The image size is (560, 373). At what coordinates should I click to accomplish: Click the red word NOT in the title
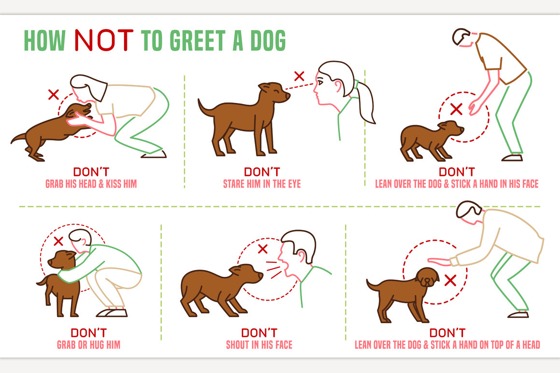(x=104, y=40)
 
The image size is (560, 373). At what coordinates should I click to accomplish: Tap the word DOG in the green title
(x=268, y=40)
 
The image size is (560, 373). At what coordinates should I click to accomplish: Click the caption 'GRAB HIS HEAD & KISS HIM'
(x=91, y=184)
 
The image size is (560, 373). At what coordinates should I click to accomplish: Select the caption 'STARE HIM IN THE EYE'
(x=262, y=184)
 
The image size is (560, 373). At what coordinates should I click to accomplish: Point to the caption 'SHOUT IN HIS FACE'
(x=259, y=345)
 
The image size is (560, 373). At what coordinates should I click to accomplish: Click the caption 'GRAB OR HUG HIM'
(x=88, y=345)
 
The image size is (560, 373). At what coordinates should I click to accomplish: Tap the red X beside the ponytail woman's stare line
(x=299, y=76)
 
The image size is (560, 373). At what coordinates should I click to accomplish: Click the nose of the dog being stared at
(x=288, y=96)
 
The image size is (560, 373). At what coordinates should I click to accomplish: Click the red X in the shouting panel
(x=263, y=249)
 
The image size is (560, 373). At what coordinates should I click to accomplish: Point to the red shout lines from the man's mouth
(x=274, y=270)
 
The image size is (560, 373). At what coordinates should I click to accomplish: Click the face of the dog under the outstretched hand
(x=428, y=277)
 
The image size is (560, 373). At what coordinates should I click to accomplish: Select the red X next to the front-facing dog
(x=451, y=280)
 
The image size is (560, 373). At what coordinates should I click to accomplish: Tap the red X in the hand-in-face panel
(x=456, y=109)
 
